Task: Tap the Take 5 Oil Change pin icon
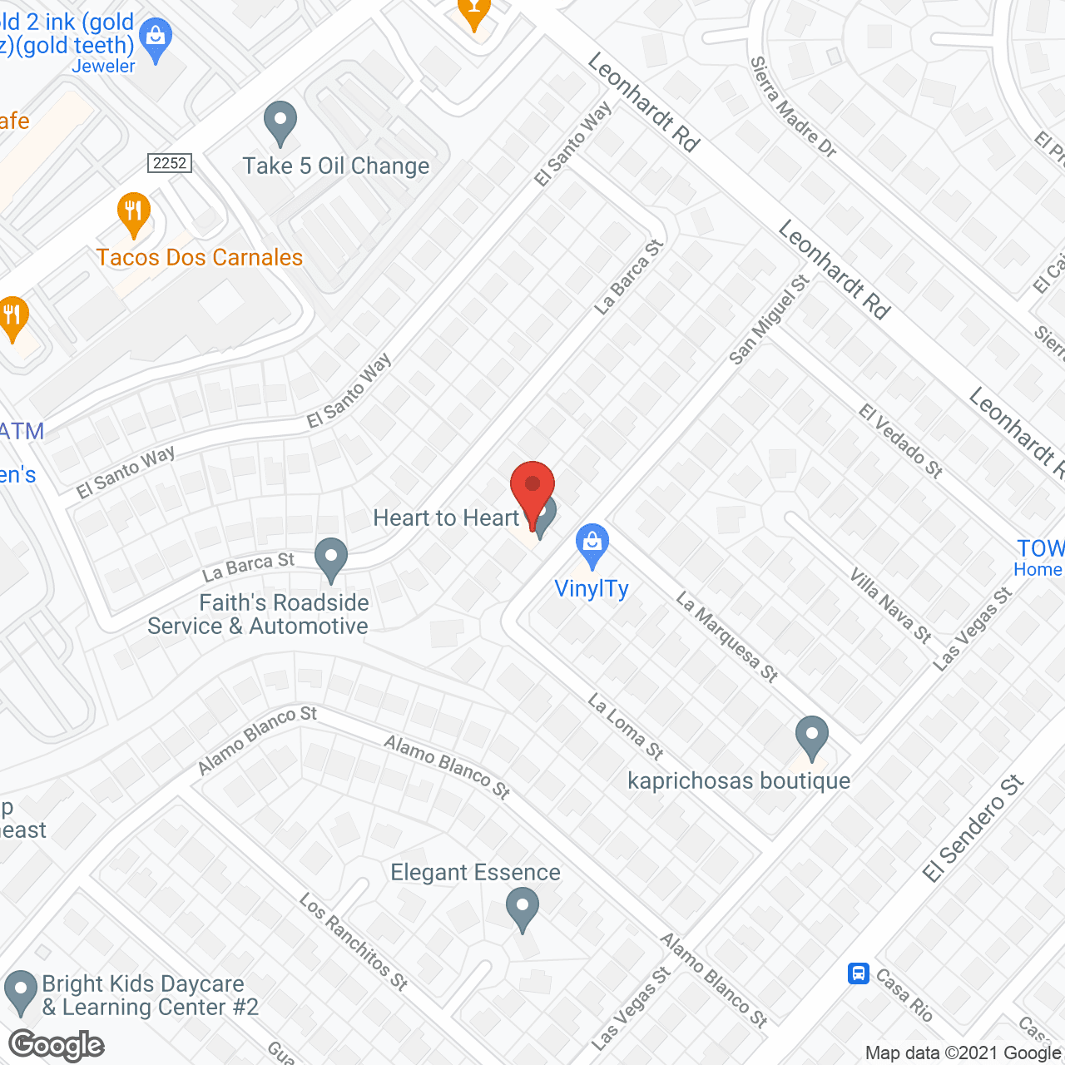[280, 123]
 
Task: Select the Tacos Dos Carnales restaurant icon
[133, 214]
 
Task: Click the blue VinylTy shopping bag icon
[592, 545]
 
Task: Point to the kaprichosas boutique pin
[811, 737]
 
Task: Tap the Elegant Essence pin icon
[522, 909]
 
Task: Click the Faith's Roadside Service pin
[331, 559]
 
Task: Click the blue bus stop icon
[859, 973]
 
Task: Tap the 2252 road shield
[171, 163]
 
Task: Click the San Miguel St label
[769, 320]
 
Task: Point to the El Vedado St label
[900, 441]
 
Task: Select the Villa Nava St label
[889, 605]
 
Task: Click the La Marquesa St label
[726, 637]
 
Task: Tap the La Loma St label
[625, 726]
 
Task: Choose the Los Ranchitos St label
[354, 942]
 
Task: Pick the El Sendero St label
[973, 829]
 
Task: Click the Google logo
[57, 1045]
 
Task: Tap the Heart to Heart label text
[446, 518]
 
